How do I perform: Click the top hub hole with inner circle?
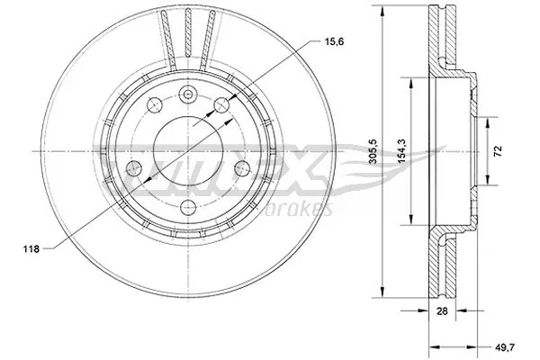187,96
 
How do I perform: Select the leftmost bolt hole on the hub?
132,168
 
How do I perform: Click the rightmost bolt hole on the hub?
240,168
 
